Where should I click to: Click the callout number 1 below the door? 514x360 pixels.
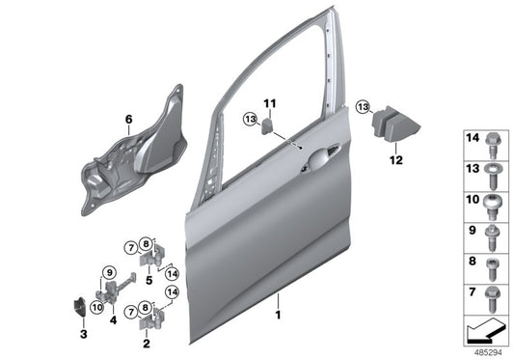[x=279, y=315]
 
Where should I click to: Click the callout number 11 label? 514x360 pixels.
[x=271, y=101]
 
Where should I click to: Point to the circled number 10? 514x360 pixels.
[x=95, y=306]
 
